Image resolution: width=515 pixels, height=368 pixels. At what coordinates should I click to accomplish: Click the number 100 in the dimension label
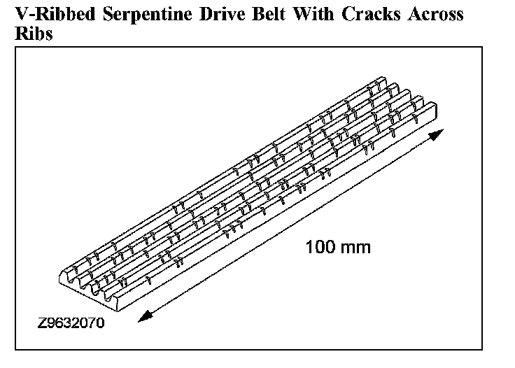click(319, 247)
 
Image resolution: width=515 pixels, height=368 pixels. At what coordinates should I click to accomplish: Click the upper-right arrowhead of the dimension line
click(437, 134)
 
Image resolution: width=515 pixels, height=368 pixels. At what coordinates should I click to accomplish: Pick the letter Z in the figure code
click(43, 325)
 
